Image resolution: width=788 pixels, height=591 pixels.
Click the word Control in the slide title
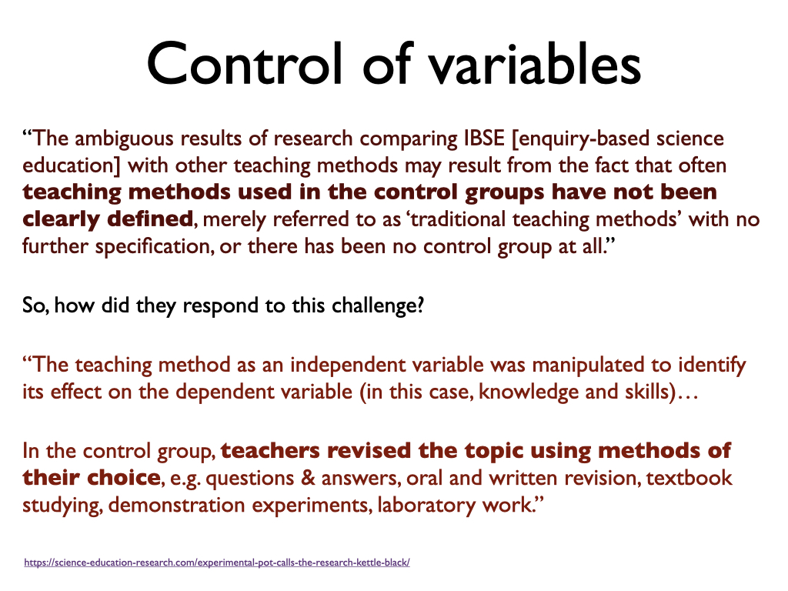click(x=244, y=64)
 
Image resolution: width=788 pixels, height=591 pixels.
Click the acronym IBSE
click(x=484, y=139)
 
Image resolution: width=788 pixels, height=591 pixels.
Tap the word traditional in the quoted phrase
click(x=459, y=219)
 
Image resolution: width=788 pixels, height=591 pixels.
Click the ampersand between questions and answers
click(x=308, y=478)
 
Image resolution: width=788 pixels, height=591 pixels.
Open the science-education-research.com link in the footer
click(x=216, y=563)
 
